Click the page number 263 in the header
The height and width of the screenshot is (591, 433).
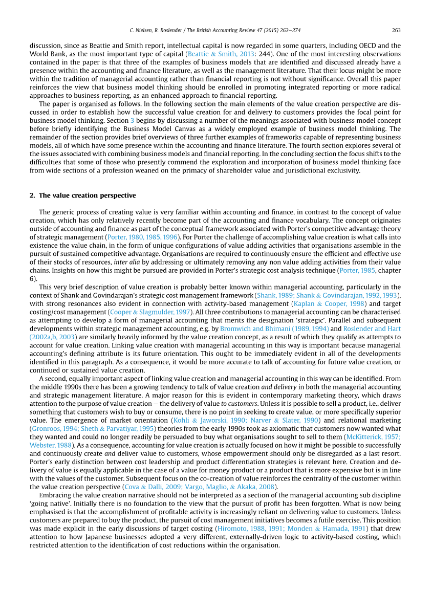coord(396,29)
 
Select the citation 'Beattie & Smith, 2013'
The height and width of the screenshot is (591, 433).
coord(228,54)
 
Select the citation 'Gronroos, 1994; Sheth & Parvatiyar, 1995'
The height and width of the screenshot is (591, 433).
coord(94,428)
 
